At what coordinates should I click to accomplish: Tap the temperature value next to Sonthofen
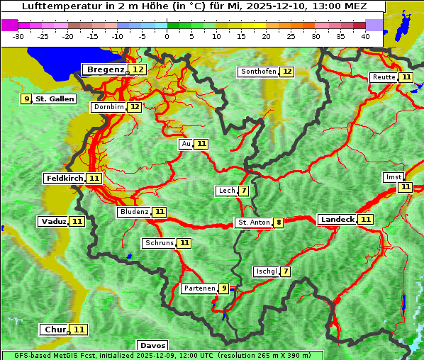coord(287,72)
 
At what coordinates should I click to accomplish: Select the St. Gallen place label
coord(55,99)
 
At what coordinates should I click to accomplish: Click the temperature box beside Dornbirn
coord(134,107)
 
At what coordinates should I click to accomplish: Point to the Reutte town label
coord(384,77)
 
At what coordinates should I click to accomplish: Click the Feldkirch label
coord(65,178)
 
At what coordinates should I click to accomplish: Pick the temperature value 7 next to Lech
coord(244,191)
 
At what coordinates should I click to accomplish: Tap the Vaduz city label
coord(53,221)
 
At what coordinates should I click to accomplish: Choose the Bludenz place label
coord(134,212)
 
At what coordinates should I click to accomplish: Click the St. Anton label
coord(254,223)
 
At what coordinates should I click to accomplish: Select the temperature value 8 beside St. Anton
coord(279,223)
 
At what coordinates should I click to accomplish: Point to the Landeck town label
coord(337,220)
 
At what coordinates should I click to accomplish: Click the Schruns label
coord(159,243)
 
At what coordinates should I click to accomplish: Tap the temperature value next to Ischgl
coord(285,271)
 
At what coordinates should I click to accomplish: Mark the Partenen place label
coord(199,288)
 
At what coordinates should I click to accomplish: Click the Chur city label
coord(55,330)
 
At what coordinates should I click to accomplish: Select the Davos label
coord(152,346)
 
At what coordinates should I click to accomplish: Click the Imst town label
coord(393,176)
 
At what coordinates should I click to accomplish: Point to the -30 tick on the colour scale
coord(18,35)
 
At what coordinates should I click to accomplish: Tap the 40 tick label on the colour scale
coord(365,35)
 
